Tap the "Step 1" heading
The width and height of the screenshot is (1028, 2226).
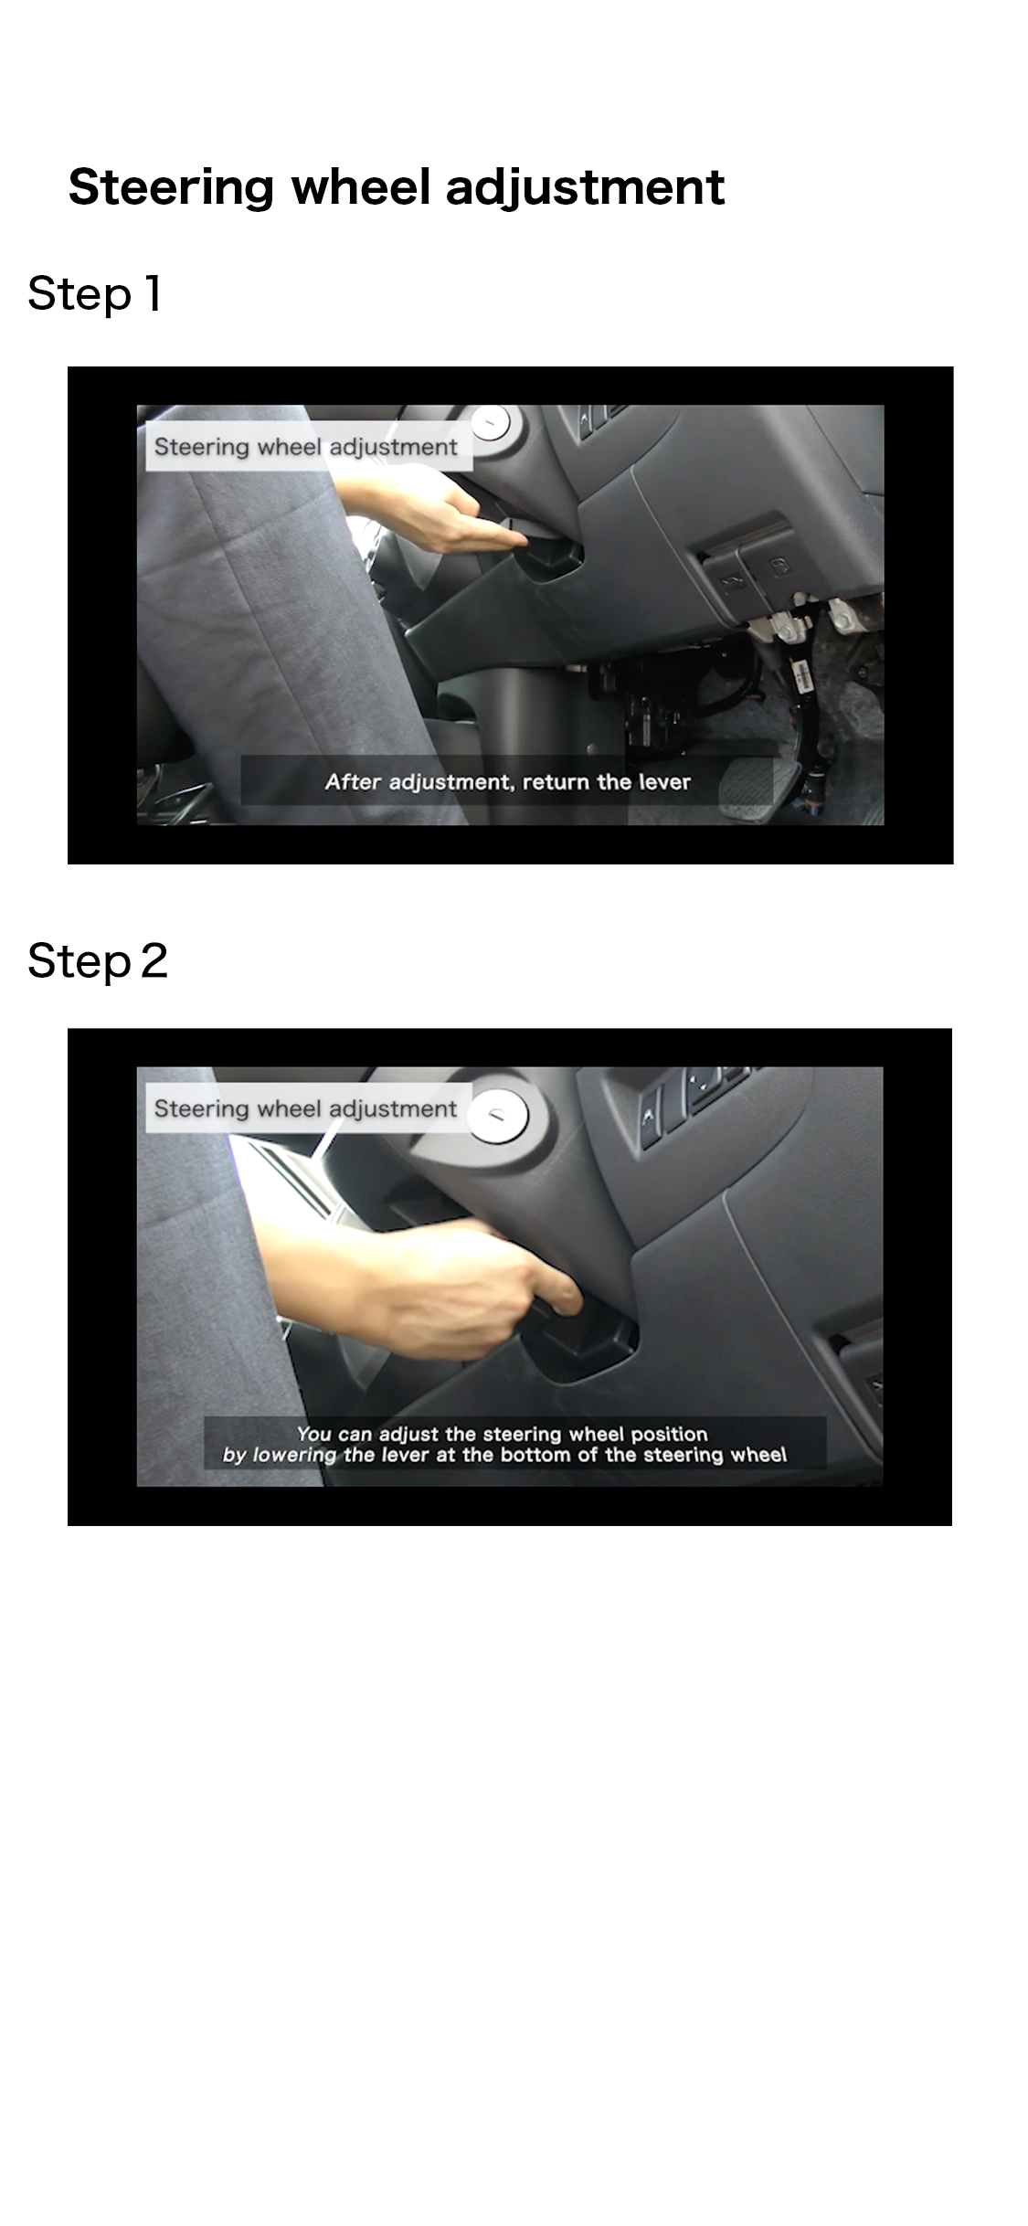click(95, 295)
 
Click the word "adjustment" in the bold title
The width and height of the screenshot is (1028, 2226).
click(585, 189)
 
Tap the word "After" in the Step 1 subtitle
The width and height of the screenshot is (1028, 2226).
click(353, 782)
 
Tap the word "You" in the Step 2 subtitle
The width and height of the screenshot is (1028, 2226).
click(313, 1435)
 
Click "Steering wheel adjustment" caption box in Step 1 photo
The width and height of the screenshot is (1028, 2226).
click(309, 448)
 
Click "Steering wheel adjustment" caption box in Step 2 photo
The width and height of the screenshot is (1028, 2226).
click(309, 1109)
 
